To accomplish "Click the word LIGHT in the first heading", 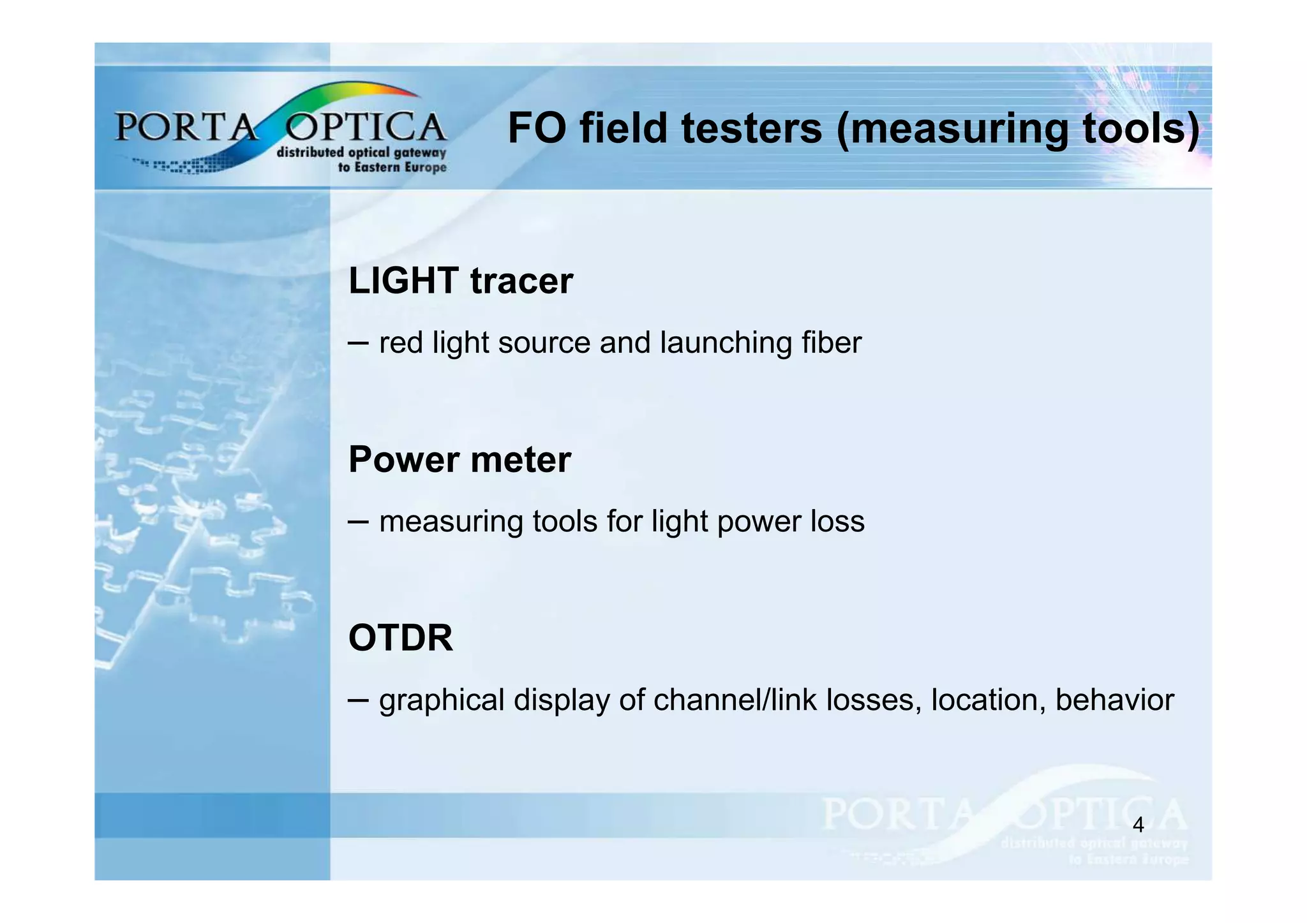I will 403,281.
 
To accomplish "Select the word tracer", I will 521,281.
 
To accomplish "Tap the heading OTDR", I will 401,638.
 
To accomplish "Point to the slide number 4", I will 1138,825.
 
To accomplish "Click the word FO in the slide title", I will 537,128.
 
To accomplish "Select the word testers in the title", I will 751,128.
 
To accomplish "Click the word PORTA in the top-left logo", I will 185,126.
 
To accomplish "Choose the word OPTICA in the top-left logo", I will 365,126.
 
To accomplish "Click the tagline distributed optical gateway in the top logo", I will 361,152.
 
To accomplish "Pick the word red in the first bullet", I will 401,343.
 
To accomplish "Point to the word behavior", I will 1114,700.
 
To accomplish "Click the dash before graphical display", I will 359,700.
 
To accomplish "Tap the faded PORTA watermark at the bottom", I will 897,814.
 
